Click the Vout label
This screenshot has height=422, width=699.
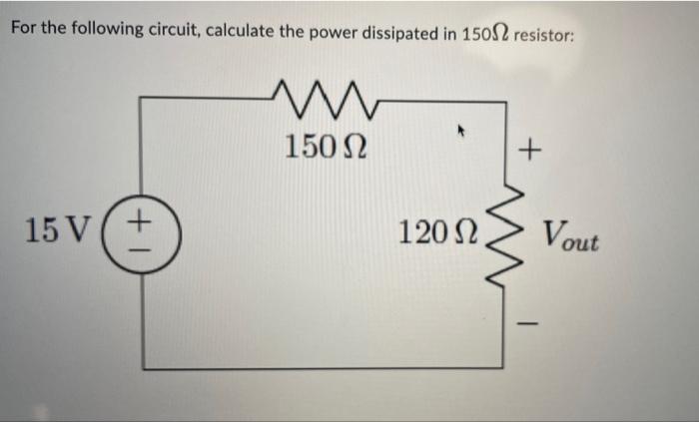coord(571,238)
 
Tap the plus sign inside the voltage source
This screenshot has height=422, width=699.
coord(142,215)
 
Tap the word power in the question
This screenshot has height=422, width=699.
coord(334,29)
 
